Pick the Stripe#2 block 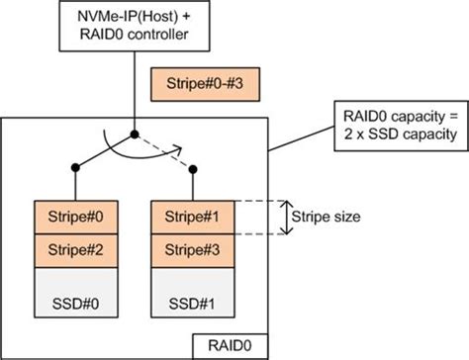coord(74,248)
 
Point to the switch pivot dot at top coord(133,132)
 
